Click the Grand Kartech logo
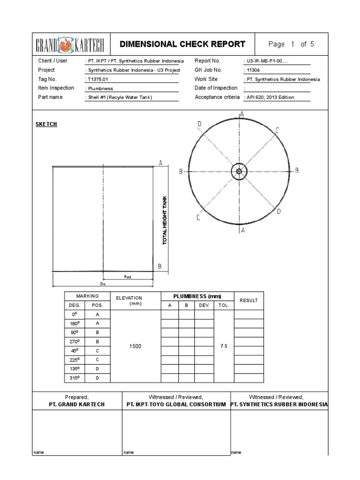tap(71, 45)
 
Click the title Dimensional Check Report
tap(182, 45)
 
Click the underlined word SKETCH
tap(46, 124)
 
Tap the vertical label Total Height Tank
tap(165, 221)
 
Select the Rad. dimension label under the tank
tap(128, 277)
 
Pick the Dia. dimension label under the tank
tap(103, 284)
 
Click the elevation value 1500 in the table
tap(135, 346)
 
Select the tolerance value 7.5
tap(224, 346)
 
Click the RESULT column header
tap(248, 300)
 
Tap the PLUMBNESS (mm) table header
tap(197, 296)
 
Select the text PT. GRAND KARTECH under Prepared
tap(77, 404)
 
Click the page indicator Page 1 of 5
tap(291, 45)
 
